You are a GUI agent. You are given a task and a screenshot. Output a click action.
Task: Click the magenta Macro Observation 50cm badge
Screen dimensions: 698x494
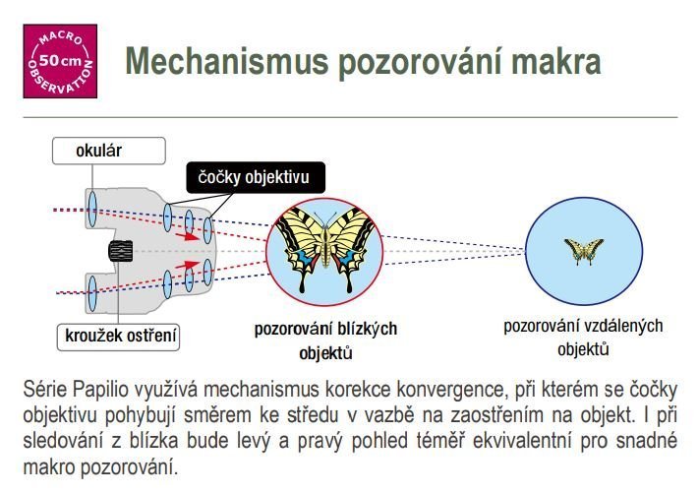pos(60,61)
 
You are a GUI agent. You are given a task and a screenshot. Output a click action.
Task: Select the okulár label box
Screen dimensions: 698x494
pos(109,151)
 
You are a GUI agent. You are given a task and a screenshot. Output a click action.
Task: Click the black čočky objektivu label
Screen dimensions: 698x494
pos(256,177)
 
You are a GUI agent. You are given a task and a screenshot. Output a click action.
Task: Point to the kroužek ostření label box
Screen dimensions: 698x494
pos(118,338)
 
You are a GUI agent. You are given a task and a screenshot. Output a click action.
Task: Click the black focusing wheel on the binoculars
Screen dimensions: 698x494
pos(121,251)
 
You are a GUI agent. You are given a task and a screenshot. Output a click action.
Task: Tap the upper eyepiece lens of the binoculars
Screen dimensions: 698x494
pos(92,209)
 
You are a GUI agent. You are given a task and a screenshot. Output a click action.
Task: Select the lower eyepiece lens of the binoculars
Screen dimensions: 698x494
pos(92,293)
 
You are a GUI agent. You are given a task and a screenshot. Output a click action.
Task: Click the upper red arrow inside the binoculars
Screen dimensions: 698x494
pos(187,236)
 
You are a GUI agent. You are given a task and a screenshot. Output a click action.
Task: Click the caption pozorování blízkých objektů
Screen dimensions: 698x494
pos(325,340)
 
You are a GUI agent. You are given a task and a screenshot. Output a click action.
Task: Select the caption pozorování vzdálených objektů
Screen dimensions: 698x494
pos(583,338)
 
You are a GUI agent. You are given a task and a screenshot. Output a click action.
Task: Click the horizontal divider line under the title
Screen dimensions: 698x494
pos(350,118)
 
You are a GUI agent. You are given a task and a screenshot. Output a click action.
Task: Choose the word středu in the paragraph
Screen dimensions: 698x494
pos(314,415)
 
